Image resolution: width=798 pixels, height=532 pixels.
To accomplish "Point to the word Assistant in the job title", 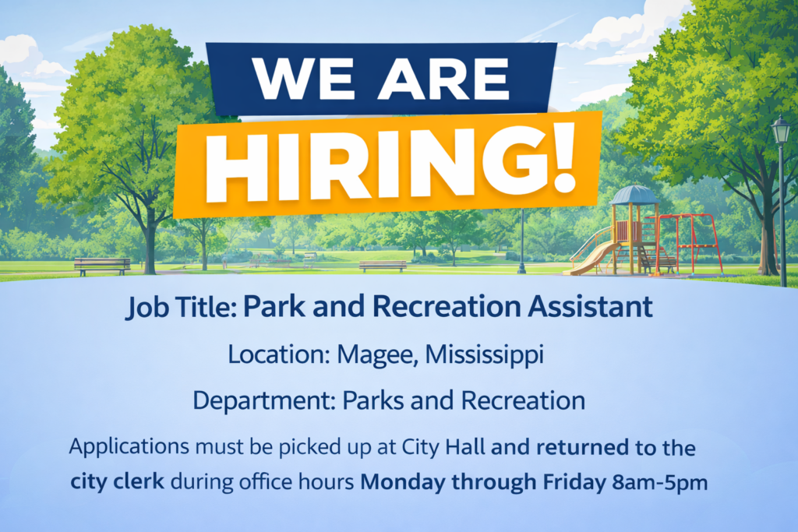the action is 590,306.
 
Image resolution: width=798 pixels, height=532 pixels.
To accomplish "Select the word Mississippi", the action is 485,355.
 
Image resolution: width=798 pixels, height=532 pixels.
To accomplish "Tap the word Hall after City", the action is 465,447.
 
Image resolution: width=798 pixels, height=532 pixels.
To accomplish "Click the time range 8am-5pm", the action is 660,482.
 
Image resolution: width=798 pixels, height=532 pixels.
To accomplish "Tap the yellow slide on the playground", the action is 593,253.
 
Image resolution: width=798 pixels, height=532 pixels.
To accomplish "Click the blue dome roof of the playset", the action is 634,196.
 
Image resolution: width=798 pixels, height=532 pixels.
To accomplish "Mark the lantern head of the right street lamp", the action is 780,130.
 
